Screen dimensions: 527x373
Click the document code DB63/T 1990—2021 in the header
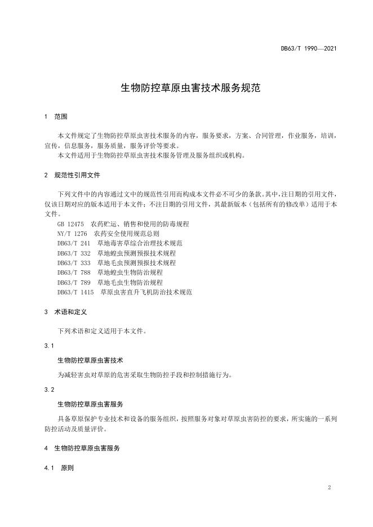[x=309, y=48]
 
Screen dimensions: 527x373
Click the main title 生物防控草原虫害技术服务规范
[x=186, y=88]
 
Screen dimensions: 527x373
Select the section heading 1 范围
[x=55, y=117]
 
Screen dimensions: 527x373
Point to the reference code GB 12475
[x=70, y=224]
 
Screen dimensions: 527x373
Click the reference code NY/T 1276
[x=72, y=233]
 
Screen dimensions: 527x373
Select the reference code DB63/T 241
[x=73, y=243]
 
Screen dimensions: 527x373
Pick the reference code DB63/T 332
[x=73, y=253]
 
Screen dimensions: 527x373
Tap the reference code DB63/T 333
[x=73, y=262]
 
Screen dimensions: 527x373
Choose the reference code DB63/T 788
[x=73, y=273]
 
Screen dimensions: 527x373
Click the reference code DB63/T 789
[x=73, y=282]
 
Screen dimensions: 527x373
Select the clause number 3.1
[x=48, y=345]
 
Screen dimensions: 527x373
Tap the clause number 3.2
[x=48, y=390]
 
